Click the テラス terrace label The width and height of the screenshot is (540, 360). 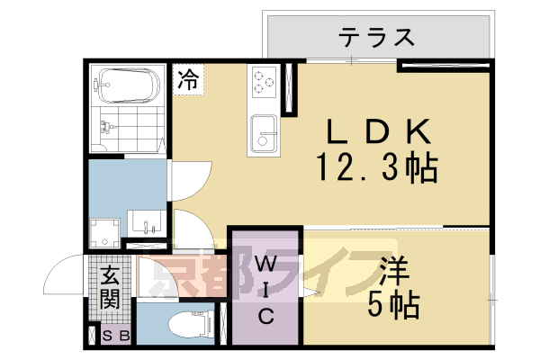[x=377, y=38]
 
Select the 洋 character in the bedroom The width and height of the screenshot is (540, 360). [x=389, y=271]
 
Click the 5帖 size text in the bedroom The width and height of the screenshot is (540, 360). [x=393, y=305]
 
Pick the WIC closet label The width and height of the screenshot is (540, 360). [x=266, y=290]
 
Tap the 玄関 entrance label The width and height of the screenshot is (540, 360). [x=110, y=287]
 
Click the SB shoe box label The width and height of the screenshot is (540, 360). [x=118, y=337]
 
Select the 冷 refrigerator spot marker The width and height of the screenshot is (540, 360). [x=188, y=79]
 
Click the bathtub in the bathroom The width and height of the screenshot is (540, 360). [x=126, y=85]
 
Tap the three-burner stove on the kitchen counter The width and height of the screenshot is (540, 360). [x=263, y=82]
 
